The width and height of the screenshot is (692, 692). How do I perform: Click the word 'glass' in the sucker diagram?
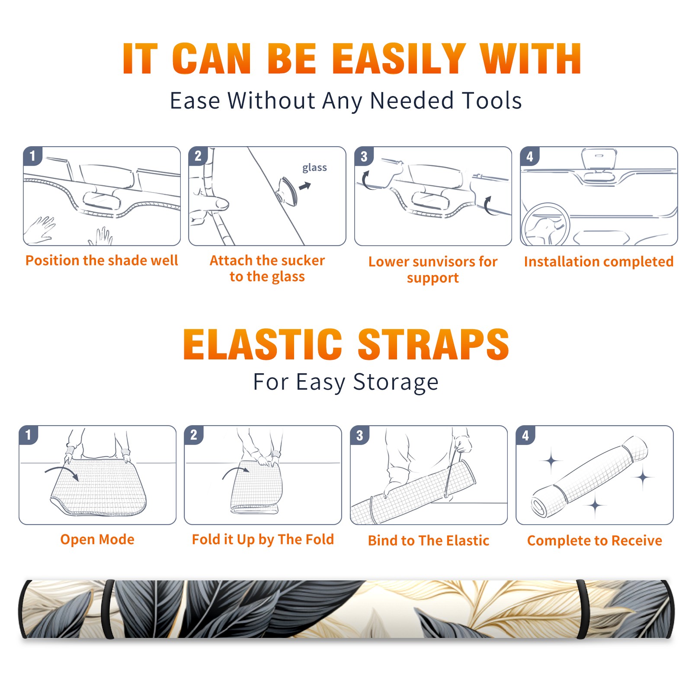pyautogui.click(x=314, y=168)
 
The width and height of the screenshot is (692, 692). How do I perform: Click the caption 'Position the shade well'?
pyautogui.click(x=102, y=260)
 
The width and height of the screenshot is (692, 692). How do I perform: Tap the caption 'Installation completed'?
pyautogui.click(x=599, y=261)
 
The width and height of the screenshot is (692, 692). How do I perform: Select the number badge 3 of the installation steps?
pyautogui.click(x=364, y=156)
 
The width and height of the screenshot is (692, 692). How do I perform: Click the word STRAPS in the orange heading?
pyautogui.click(x=433, y=344)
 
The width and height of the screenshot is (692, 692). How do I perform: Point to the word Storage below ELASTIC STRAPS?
pyautogui.click(x=396, y=382)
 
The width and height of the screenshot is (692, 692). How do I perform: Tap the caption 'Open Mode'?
pyautogui.click(x=97, y=539)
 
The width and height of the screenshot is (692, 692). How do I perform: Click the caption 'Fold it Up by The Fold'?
pyautogui.click(x=263, y=540)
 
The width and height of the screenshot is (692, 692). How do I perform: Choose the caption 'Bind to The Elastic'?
pyautogui.click(x=429, y=541)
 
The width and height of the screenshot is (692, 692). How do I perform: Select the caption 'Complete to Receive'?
pyautogui.click(x=595, y=541)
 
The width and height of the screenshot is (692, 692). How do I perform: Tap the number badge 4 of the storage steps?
pyautogui.click(x=525, y=435)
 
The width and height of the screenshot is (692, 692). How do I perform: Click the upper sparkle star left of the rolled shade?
pyautogui.click(x=551, y=461)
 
